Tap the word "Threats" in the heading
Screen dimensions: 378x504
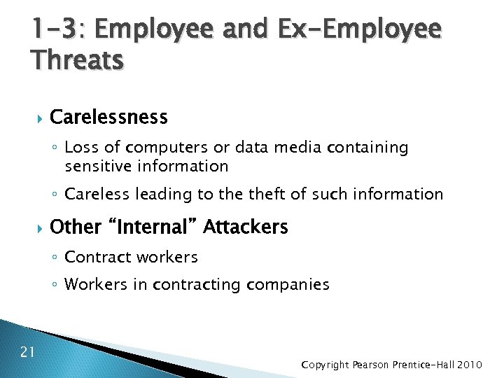pos(77,61)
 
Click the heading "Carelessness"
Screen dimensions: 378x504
pos(109,117)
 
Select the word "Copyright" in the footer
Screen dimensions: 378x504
pos(325,365)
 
